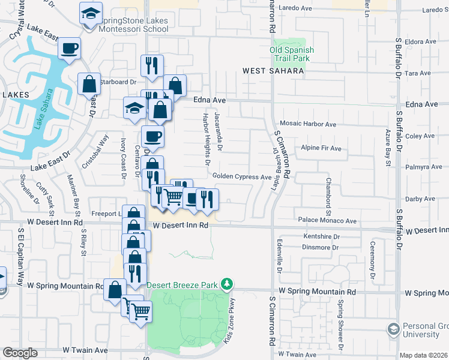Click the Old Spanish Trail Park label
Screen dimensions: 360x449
pos(290,55)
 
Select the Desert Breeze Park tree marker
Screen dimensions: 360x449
pos(227,283)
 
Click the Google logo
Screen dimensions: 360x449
pos(20,353)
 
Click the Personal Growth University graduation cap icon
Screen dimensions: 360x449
pos(394,329)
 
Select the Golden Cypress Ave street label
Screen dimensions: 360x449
pos(243,176)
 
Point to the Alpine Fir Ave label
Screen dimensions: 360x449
pos(321,148)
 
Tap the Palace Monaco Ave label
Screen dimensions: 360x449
pos(330,221)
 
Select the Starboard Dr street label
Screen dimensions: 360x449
pos(118,82)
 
